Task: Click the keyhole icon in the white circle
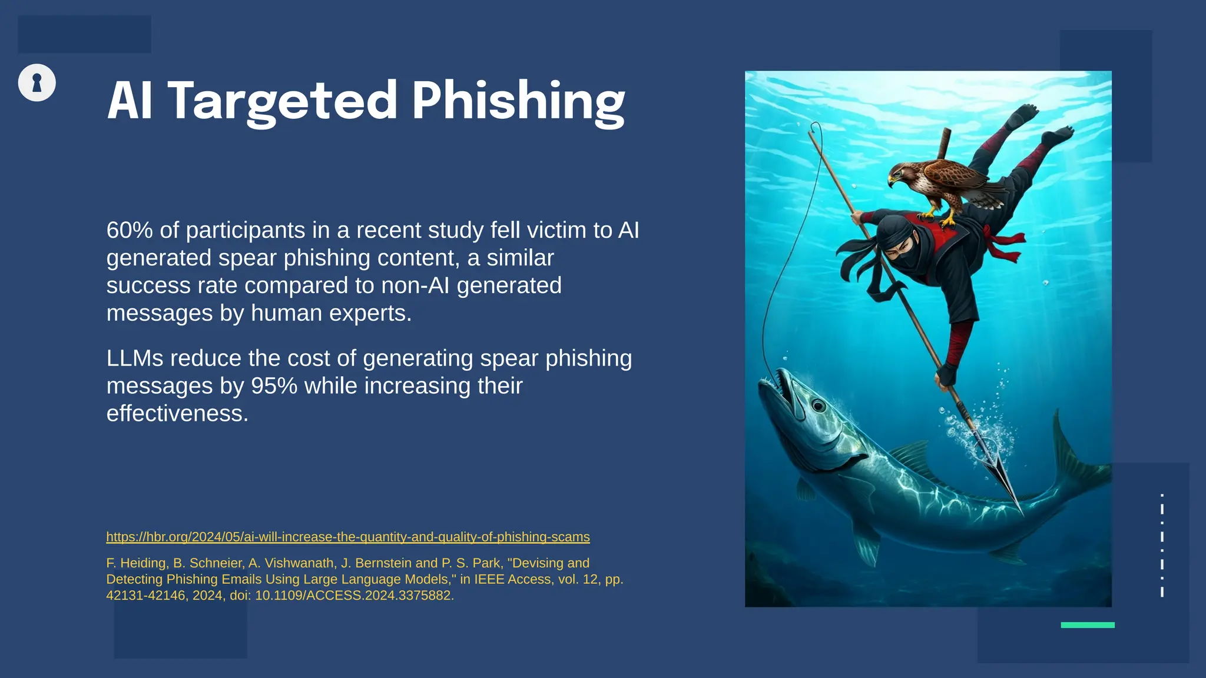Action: pos(37,83)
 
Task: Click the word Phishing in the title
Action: pos(518,101)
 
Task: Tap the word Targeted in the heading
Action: pos(283,101)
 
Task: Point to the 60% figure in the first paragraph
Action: pos(130,230)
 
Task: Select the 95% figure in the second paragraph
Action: pos(274,386)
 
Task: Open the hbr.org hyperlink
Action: pos(347,537)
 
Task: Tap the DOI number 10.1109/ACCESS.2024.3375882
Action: pos(353,596)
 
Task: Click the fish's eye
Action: pos(819,406)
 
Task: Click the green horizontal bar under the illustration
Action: pos(1087,625)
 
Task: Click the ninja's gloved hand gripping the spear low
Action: pos(947,375)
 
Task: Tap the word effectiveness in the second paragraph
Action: pos(177,414)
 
